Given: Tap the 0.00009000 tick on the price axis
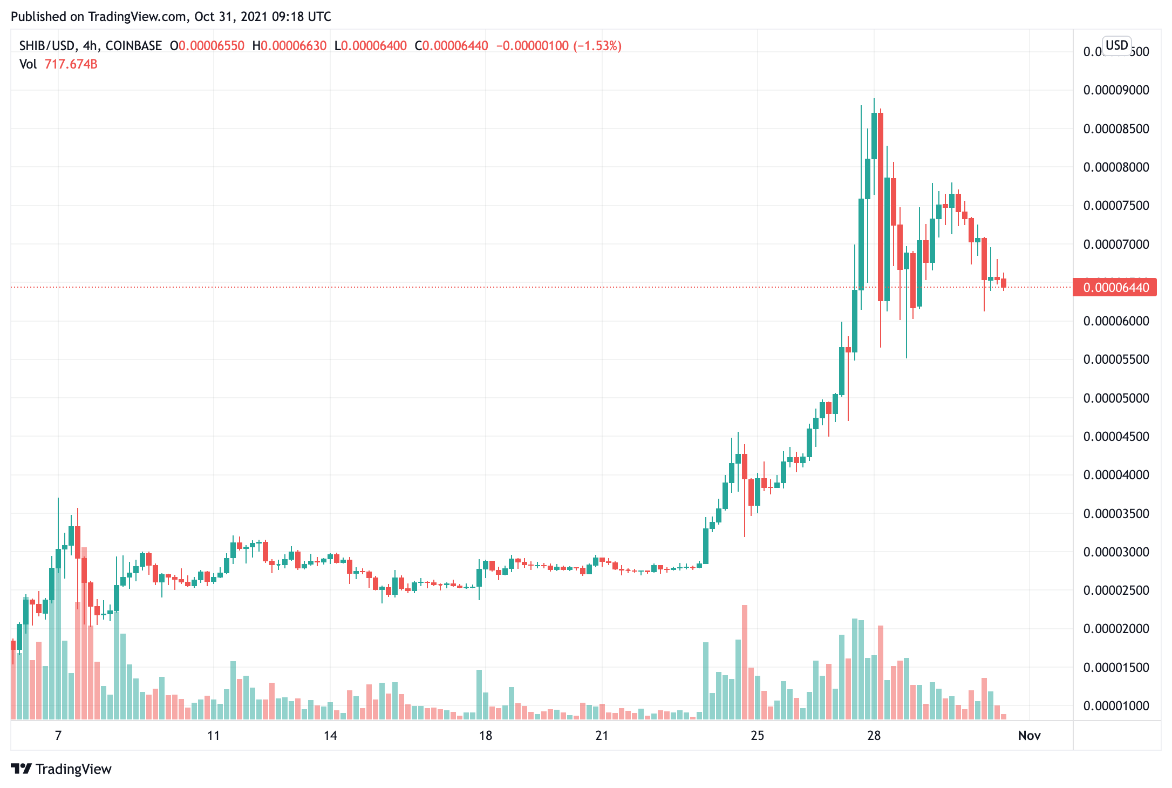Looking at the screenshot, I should click(1116, 90).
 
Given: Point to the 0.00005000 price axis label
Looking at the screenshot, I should click(1116, 398).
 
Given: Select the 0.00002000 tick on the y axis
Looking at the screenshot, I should click(1116, 629).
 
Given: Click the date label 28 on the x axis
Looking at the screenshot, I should click(874, 736).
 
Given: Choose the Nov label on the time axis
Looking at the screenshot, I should click(1029, 736).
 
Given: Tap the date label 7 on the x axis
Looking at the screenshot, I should click(58, 736).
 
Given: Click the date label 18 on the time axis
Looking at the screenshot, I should click(486, 736).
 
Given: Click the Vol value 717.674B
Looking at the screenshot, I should click(71, 64).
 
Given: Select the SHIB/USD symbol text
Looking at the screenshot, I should click(47, 46).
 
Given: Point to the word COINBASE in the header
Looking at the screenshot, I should click(133, 46).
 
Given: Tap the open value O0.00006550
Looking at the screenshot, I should click(207, 46).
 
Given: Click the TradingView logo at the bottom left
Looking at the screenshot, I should click(61, 769).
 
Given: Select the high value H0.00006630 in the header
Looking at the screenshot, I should click(289, 46).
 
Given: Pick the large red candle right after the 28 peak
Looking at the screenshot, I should click(881, 205).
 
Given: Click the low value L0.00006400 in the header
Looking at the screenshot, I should click(371, 46).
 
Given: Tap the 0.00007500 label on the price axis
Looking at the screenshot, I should click(1116, 206).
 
